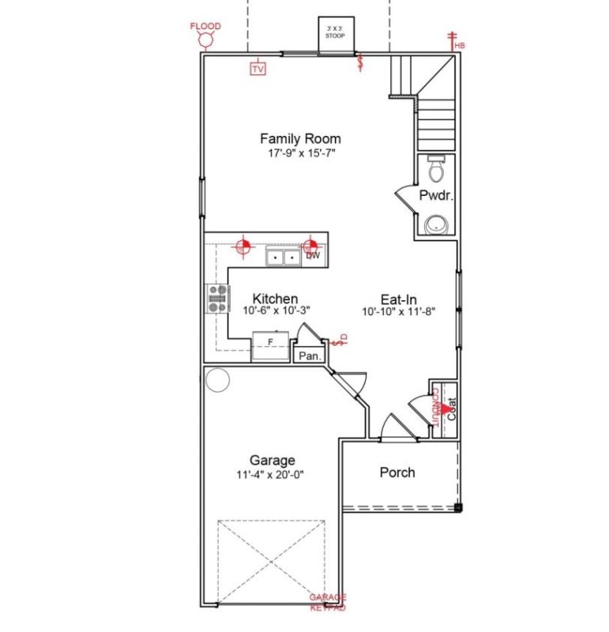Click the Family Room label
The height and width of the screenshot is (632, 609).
tap(300, 139)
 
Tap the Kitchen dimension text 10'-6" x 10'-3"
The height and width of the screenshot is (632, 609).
tap(276, 311)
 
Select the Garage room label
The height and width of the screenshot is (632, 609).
tap(272, 460)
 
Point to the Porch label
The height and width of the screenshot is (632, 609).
tap(397, 472)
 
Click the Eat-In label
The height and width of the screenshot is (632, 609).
tap(398, 299)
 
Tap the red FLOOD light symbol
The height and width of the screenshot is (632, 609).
tap(205, 39)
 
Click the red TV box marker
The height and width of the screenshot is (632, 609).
tap(258, 69)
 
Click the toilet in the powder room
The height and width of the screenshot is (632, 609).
tap(436, 167)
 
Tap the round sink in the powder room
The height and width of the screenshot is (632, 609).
tap(435, 225)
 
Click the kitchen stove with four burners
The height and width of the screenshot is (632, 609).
tap(217, 299)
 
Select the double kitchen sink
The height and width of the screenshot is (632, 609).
tap(282, 257)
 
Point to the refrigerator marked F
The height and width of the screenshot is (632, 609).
tap(269, 347)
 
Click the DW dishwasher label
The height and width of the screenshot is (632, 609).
tap(313, 256)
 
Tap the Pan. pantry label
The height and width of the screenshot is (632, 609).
tap(309, 356)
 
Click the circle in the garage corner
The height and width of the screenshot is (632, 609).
tap(216, 381)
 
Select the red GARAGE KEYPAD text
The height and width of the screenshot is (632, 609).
tap(327, 602)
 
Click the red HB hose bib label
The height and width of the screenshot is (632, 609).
tap(460, 46)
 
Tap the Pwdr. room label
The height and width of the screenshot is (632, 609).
tap(435, 196)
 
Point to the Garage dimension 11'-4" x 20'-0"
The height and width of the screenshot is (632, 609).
tap(272, 475)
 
